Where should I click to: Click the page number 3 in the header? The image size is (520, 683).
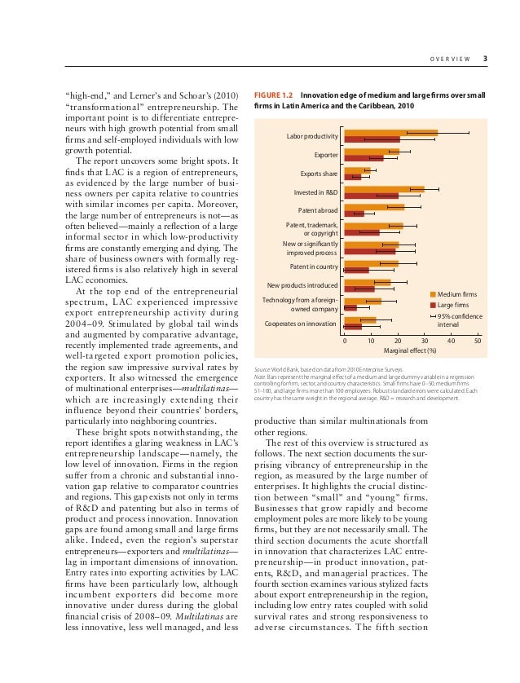pos(485,58)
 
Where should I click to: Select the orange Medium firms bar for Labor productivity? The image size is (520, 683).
pos(390,133)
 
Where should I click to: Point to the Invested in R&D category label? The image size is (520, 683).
pos(316,192)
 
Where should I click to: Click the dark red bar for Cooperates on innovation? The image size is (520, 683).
pos(353,327)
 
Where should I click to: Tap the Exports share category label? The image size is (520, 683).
pos(319,174)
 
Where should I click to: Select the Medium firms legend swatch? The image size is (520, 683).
pos(433,293)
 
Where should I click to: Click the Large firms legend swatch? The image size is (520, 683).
pos(433,304)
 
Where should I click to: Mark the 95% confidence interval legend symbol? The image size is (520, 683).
pos(433,315)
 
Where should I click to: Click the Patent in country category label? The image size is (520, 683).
pos(315,267)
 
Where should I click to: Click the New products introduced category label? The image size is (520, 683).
pos(302,285)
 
